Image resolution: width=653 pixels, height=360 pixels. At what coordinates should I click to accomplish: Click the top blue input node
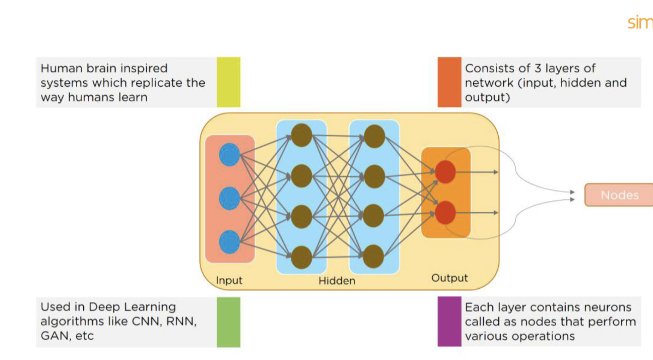229,154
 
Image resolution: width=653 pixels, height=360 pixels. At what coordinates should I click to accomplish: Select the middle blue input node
229,198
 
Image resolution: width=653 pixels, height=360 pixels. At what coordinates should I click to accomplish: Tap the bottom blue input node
229,242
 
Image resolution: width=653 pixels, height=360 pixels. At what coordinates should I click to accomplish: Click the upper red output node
445,172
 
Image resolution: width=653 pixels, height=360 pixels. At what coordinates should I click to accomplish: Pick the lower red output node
445,212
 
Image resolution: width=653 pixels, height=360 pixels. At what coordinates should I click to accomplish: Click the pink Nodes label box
619,195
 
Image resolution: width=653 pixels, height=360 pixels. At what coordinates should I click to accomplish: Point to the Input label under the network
229,280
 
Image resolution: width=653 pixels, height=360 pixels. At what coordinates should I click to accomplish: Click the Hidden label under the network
337,281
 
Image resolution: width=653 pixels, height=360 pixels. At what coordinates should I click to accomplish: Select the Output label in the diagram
449,278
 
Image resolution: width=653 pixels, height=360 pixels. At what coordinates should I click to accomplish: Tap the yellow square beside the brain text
228,82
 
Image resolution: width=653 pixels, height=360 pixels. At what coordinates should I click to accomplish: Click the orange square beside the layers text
449,82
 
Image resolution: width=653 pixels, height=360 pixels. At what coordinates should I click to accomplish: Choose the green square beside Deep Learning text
228,322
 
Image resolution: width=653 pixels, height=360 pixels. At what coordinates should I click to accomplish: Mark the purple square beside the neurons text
449,322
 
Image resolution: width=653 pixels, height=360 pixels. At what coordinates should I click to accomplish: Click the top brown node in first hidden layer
301,135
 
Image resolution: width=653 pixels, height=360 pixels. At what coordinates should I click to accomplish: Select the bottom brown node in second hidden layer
374,257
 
